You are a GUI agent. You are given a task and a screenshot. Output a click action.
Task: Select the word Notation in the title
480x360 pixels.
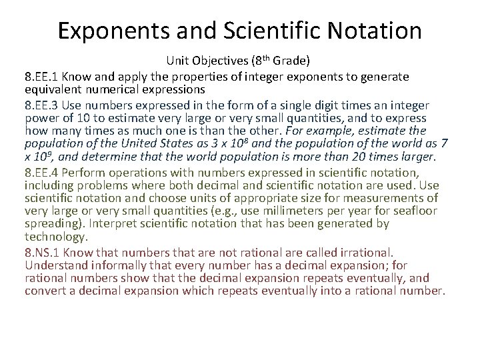point(380,31)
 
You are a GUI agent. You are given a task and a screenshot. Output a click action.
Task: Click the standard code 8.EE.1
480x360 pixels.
point(44,77)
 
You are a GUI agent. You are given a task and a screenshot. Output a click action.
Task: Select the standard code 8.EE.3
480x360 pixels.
point(44,106)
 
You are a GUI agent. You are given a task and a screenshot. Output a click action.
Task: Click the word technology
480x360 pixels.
point(55,237)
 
